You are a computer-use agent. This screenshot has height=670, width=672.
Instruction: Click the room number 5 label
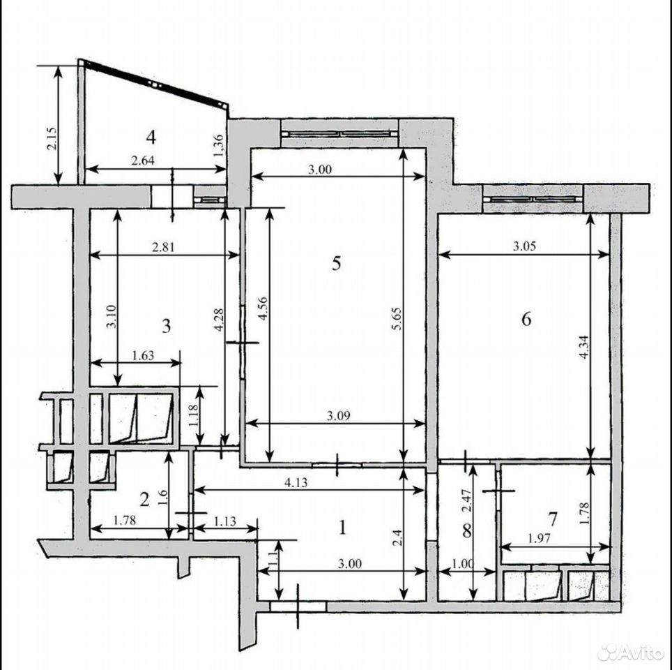(x=337, y=263)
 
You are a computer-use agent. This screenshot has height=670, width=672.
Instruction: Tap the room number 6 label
(x=526, y=319)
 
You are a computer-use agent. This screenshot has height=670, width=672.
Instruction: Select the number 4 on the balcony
(x=151, y=137)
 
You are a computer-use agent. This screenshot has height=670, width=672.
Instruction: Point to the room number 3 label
(x=167, y=326)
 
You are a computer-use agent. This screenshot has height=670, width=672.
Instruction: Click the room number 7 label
(x=553, y=519)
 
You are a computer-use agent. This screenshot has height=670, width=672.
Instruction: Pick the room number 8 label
(x=467, y=530)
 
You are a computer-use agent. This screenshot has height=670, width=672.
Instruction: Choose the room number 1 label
(x=342, y=528)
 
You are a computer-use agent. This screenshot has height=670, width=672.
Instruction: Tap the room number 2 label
(x=144, y=499)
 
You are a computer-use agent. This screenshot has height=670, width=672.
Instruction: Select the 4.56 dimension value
(x=262, y=308)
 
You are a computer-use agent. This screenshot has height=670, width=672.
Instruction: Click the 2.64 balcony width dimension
(x=143, y=161)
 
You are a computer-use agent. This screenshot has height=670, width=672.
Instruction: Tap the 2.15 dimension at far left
(x=52, y=139)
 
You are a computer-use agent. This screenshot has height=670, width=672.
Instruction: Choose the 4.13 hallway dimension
(x=296, y=483)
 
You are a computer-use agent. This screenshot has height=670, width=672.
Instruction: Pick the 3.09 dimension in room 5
(x=339, y=415)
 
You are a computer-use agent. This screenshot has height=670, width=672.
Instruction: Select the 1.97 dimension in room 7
(x=539, y=539)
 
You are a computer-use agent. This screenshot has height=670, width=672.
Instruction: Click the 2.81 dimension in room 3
(x=163, y=247)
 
